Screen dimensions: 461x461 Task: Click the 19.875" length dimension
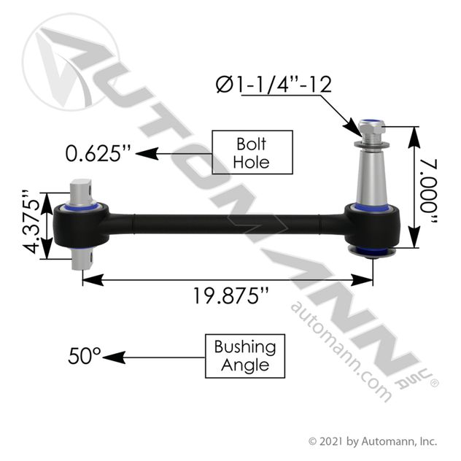[x=230, y=295]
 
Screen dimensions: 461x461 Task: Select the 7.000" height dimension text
[x=428, y=193]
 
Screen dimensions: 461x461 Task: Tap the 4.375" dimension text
[x=31, y=222]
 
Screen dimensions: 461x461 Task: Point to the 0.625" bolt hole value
[x=98, y=153]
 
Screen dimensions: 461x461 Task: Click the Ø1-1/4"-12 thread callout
[x=274, y=85]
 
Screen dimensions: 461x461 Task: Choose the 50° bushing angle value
[x=85, y=356]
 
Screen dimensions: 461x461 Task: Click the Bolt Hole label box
[x=252, y=152]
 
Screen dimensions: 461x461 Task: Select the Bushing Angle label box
[x=245, y=356]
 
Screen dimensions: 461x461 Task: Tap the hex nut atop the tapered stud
[x=371, y=126]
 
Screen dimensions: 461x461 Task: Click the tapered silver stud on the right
[x=371, y=178]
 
